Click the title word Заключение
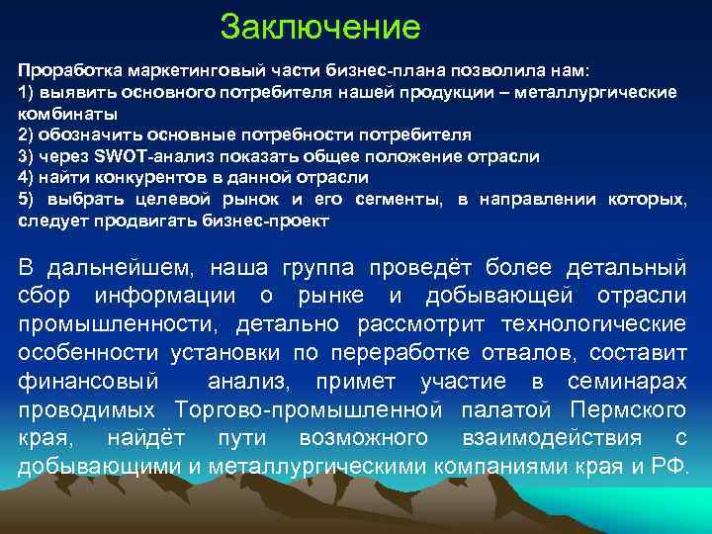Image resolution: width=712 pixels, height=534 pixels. click(320, 26)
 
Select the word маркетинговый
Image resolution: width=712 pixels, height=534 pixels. click(165, 72)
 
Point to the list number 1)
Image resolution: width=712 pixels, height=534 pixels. click(27, 91)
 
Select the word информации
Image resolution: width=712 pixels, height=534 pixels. click(187, 296)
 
